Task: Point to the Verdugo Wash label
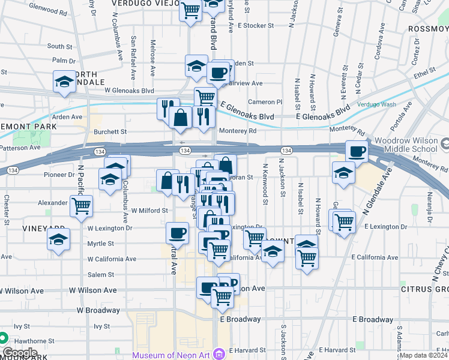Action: (376, 104)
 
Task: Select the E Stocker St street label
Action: (255, 26)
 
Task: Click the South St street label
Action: (59, 46)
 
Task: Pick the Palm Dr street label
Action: (63, 61)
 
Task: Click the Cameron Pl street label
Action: (265, 102)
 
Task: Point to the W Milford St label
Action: (149, 211)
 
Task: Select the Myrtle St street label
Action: (100, 244)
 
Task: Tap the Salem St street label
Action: (100, 275)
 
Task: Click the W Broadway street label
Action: (98, 310)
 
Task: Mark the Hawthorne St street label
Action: (34, 341)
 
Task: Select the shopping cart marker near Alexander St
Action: (80, 206)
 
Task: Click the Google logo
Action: (20, 352)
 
